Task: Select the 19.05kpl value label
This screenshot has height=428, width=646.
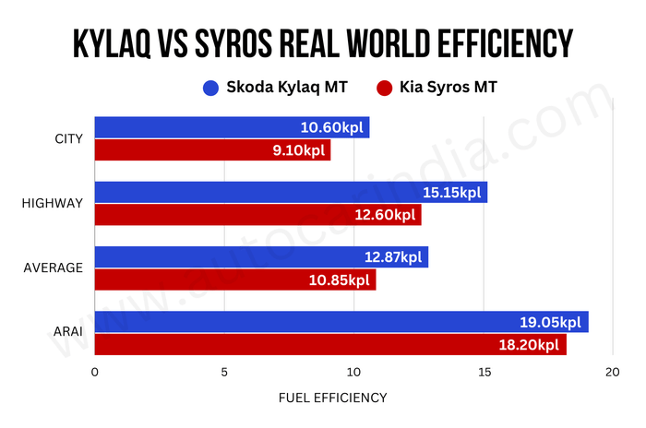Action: pyautogui.click(x=549, y=322)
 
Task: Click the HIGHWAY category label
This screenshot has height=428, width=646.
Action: pyautogui.click(x=53, y=204)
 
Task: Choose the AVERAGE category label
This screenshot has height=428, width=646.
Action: pyautogui.click(x=53, y=268)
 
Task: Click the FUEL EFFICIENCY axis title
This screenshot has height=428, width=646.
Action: pyautogui.click(x=332, y=398)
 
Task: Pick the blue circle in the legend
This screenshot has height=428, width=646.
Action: pyautogui.click(x=210, y=89)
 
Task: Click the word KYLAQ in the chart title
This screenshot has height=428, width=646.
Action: pyautogui.click(x=126, y=42)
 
